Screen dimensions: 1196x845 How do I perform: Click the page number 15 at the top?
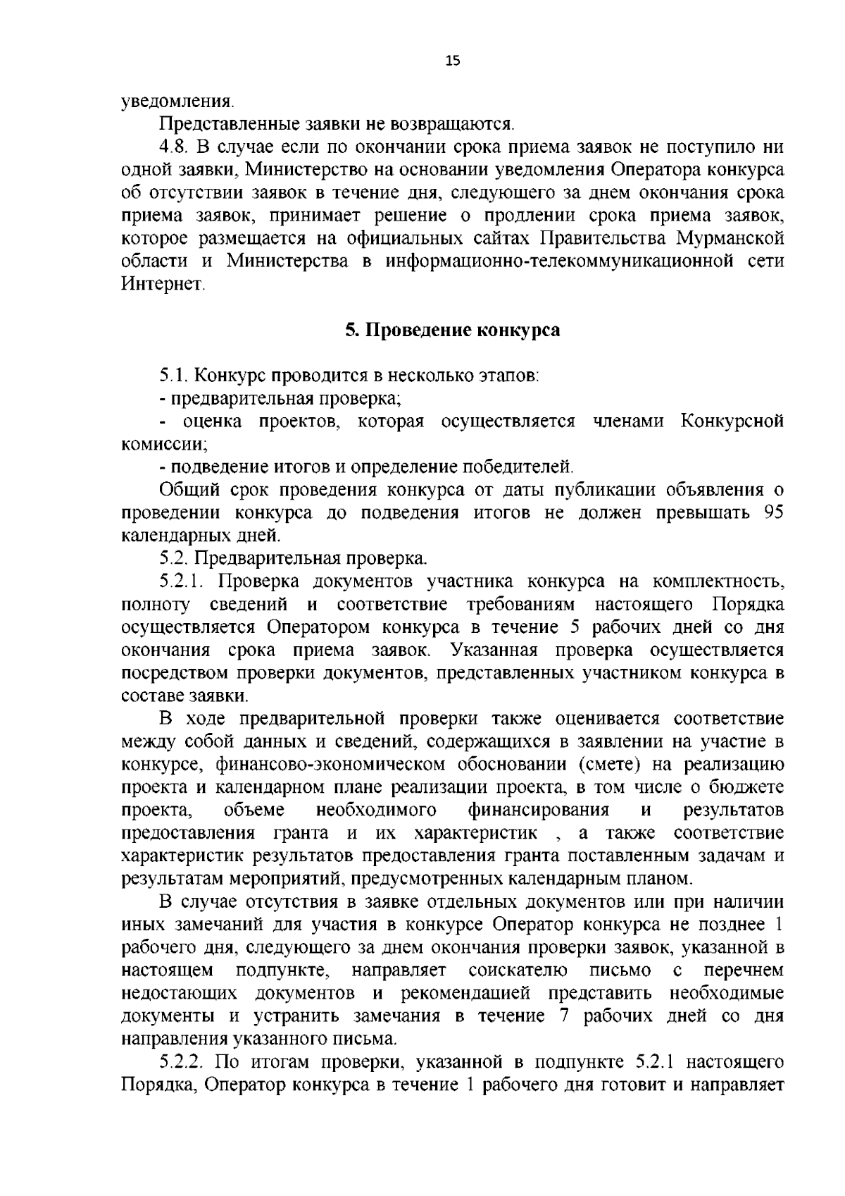(452, 61)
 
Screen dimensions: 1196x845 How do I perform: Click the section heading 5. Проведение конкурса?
(452, 330)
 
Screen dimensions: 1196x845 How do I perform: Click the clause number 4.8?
(174, 147)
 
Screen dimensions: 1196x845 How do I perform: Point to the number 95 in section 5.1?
(773, 512)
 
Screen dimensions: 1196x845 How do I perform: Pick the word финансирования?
(538, 809)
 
